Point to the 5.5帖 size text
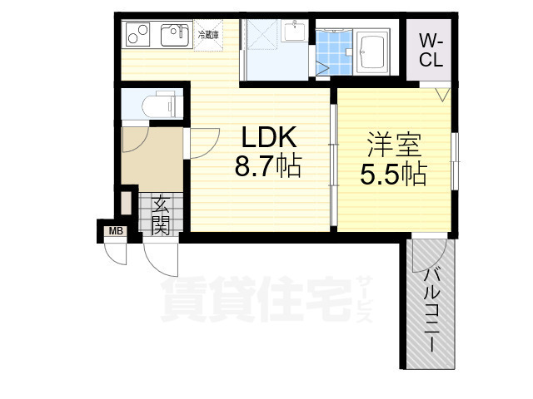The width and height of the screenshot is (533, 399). click(393, 175)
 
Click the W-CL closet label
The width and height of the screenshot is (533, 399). click(430, 49)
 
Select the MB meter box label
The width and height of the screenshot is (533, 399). click(113, 231)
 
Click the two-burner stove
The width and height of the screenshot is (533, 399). click(137, 35)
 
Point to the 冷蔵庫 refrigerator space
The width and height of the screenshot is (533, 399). click(207, 35)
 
